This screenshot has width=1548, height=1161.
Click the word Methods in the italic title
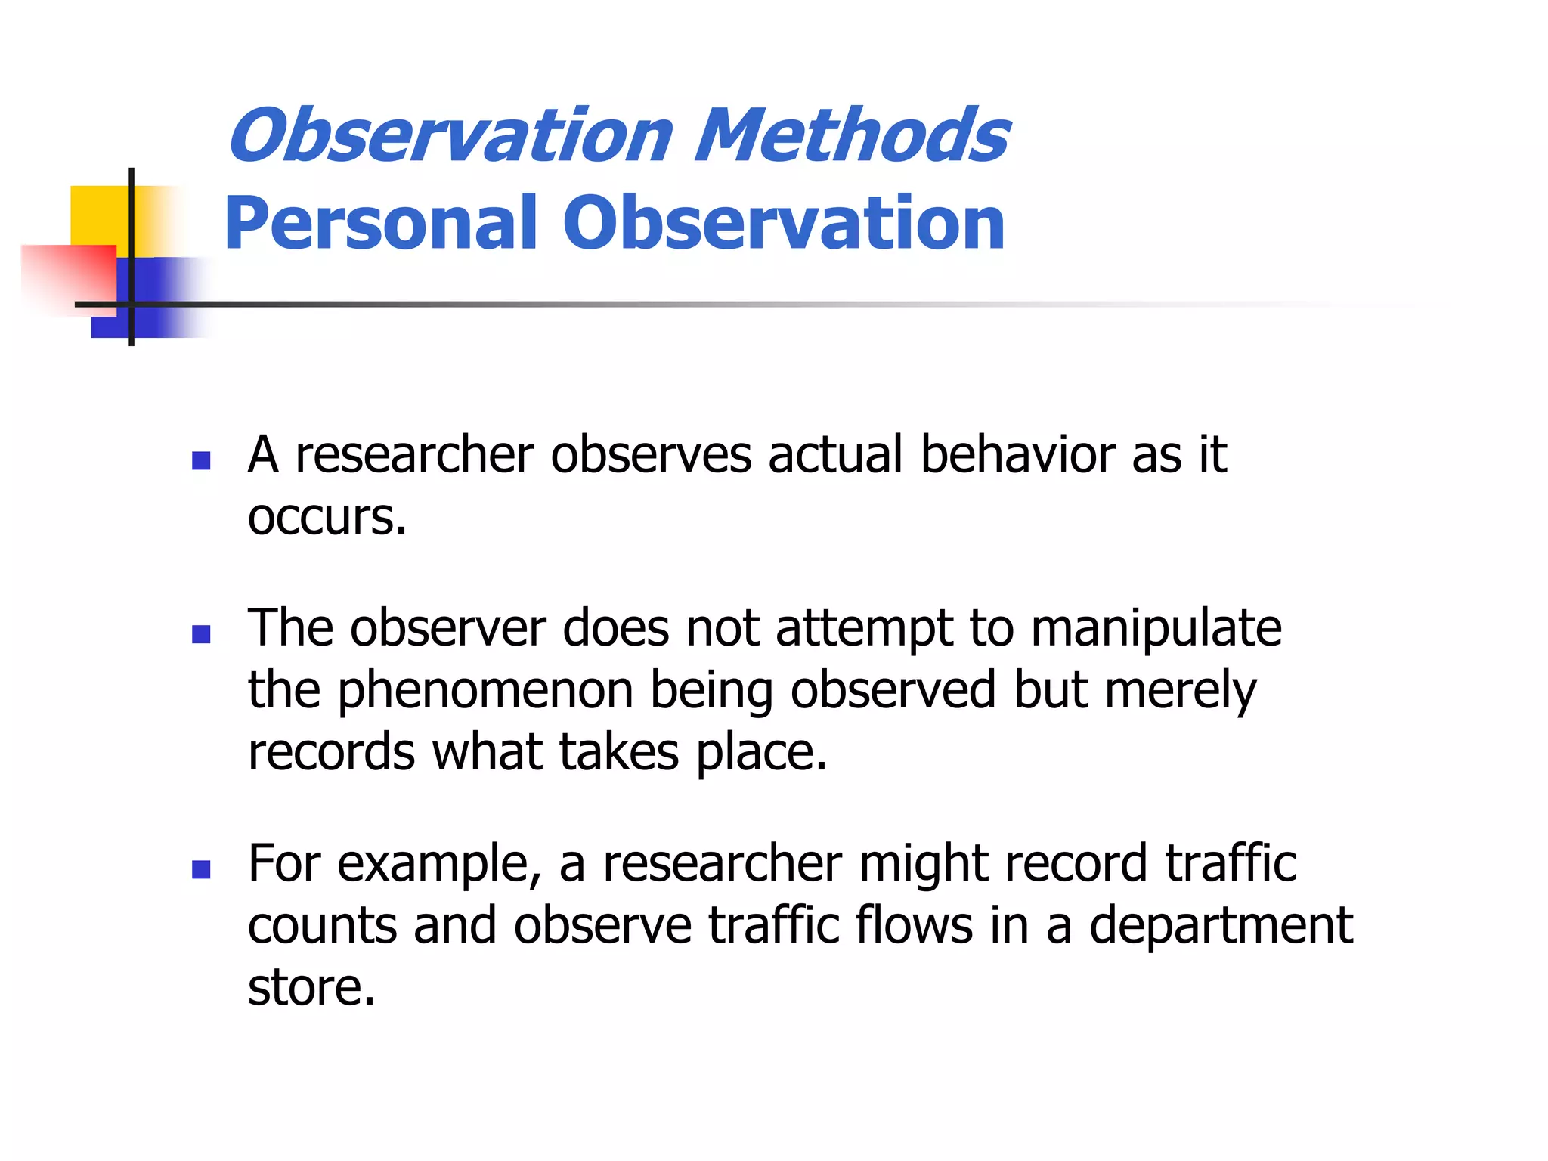(851, 136)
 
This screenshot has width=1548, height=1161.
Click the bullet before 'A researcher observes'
(201, 460)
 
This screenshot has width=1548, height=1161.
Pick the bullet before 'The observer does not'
(201, 633)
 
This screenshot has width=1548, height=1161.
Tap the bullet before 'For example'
(201, 869)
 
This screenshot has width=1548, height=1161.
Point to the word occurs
(327, 518)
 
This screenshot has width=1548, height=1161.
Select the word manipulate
(1156, 629)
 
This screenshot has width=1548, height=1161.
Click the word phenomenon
(485, 692)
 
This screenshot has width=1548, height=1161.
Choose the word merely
(1180, 692)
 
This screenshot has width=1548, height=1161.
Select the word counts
(322, 927)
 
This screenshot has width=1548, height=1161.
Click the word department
(1220, 927)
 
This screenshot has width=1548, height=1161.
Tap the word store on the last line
(311, 988)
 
